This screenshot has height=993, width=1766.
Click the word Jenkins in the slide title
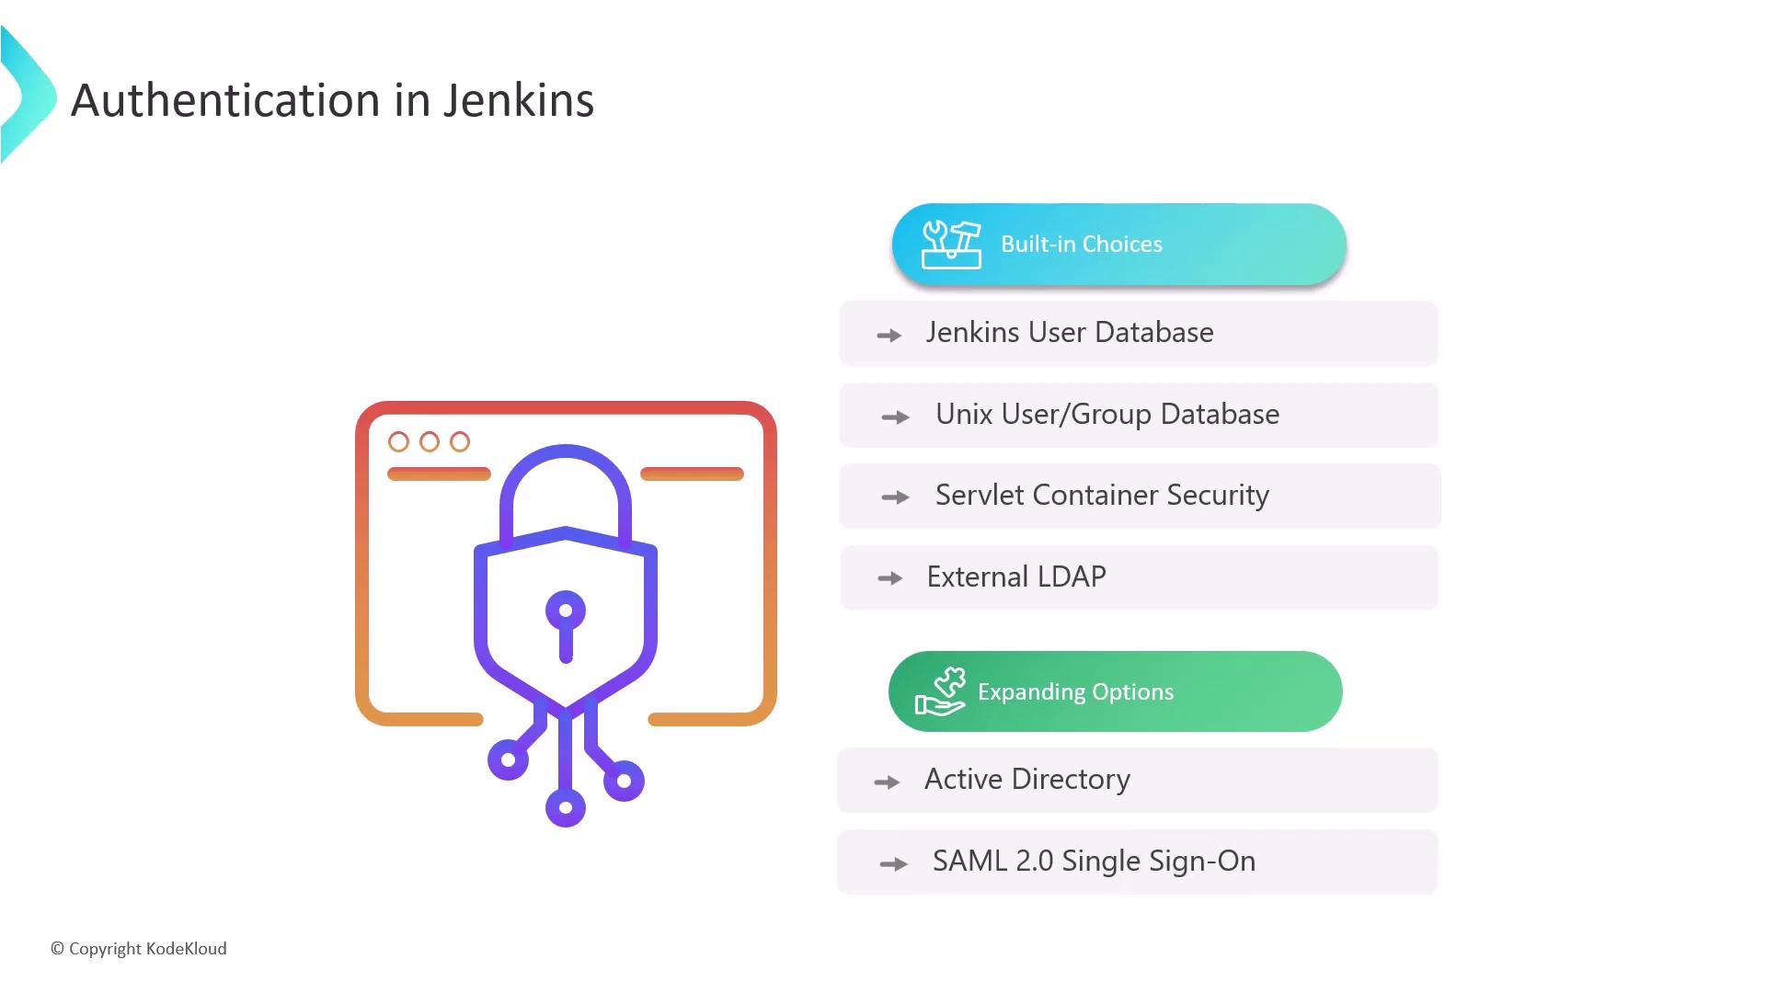[x=519, y=100]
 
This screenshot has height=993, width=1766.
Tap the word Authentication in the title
[x=225, y=100]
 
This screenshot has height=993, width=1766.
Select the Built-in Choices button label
[x=1082, y=244]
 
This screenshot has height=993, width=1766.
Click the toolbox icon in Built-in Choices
[x=951, y=245]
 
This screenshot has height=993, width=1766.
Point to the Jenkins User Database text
[x=1070, y=332]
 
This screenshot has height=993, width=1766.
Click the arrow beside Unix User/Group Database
[x=895, y=417]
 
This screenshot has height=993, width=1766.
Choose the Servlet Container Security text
[x=1102, y=496]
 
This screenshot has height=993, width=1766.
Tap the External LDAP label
[x=1016, y=576]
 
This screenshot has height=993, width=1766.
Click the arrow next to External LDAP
[x=889, y=578]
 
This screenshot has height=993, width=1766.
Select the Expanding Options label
[x=1075, y=691]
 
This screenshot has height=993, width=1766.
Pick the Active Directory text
[x=1027, y=780]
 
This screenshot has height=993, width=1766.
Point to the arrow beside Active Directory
[x=887, y=782]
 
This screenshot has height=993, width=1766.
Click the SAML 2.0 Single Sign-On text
[x=1094, y=862]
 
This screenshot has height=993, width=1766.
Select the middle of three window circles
[x=430, y=442]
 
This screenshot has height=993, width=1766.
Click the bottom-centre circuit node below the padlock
[x=566, y=808]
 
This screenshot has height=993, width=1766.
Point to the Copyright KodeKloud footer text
[x=138, y=949]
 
